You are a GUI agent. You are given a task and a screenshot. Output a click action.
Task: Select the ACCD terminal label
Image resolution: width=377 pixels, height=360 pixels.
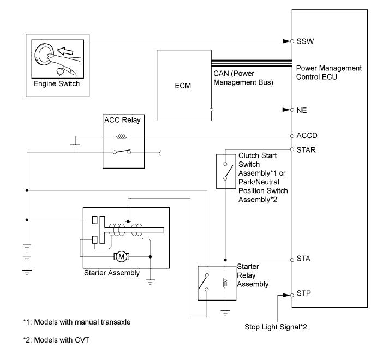306,135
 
